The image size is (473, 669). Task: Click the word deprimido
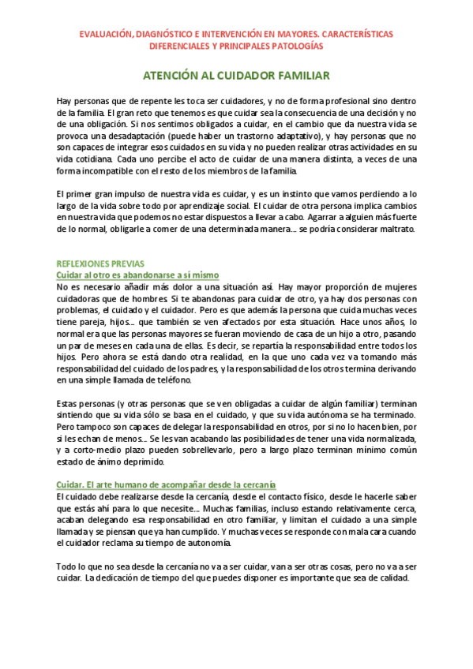pyautogui.click(x=142, y=462)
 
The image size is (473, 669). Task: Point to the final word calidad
pyautogui.click(x=391, y=577)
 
